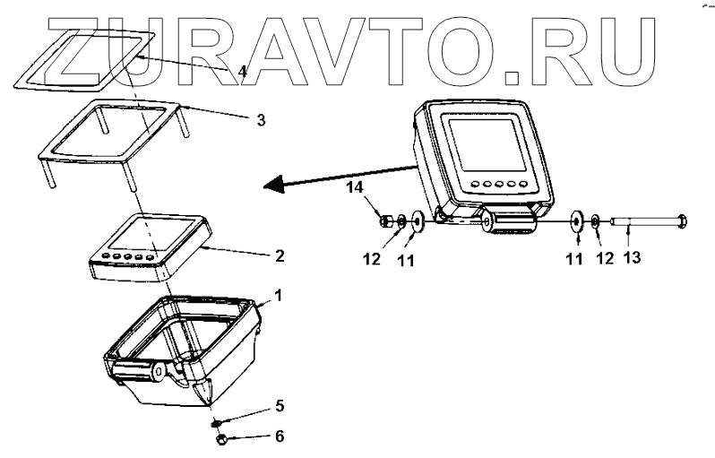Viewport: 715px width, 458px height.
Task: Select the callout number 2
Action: click(280, 255)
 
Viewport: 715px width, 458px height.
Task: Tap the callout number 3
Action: click(261, 118)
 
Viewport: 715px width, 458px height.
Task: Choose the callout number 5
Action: click(280, 406)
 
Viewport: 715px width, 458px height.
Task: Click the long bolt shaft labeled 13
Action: click(640, 219)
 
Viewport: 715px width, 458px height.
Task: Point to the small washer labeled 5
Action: click(217, 422)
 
